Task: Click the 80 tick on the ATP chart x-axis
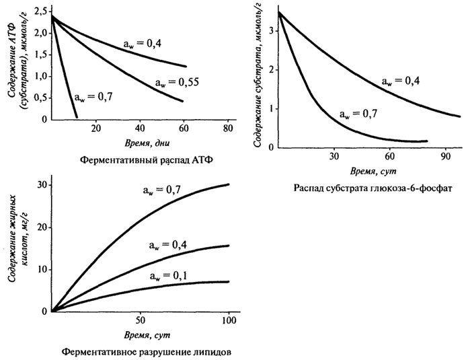click(227, 129)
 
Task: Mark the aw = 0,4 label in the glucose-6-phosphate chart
click(403, 80)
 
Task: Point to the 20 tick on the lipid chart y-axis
click(42, 227)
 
